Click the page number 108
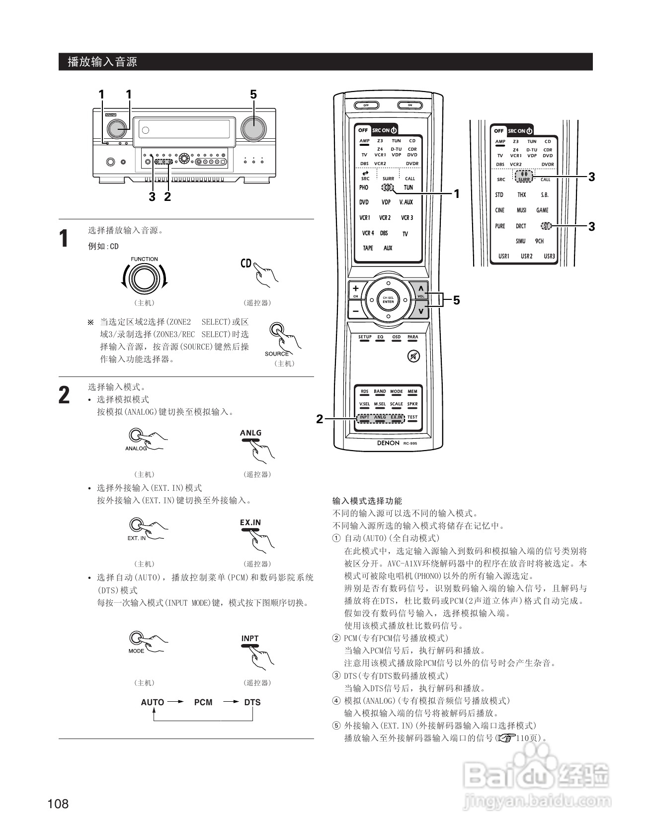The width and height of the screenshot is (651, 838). [58, 804]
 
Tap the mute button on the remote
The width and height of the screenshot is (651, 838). [413, 356]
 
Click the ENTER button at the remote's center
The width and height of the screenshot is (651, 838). [388, 300]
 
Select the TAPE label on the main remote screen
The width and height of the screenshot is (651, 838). [368, 248]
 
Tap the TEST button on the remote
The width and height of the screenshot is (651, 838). [412, 418]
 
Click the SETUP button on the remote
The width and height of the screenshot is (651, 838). [365, 338]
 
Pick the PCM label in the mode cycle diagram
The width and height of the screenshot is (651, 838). [203, 702]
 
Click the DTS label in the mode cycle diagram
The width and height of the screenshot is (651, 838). [252, 702]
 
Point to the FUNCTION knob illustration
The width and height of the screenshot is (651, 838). [144, 279]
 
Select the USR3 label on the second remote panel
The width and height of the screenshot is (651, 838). [549, 257]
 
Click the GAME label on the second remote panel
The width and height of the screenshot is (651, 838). [542, 210]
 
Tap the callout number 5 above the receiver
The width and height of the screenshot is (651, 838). [253, 94]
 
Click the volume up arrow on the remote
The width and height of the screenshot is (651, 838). [420, 289]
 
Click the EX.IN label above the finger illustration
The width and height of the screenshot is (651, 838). [250, 523]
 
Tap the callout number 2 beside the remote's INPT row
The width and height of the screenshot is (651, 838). [320, 419]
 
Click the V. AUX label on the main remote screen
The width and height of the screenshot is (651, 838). [406, 202]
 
